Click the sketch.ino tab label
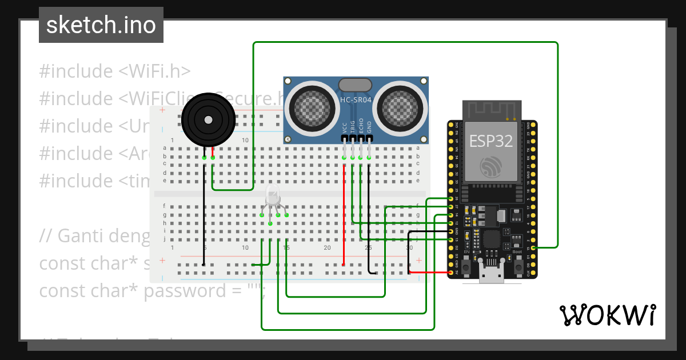101,25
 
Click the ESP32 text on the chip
491,141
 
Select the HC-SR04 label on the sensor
356,100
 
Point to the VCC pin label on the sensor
345,127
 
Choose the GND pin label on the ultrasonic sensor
369,127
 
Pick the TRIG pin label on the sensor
353,126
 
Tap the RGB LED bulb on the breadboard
273,197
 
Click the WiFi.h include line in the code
114,71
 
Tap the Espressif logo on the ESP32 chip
491,166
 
